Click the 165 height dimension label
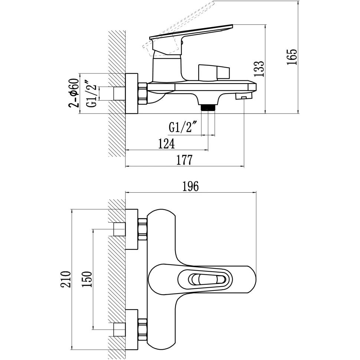click(x=292, y=57)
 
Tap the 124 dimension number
click(x=166, y=144)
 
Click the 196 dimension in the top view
click(x=191, y=186)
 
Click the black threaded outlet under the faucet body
click(x=208, y=108)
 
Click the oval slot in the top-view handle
click(x=203, y=279)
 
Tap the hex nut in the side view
click(x=143, y=93)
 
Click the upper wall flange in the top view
click(x=132, y=229)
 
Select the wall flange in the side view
click(x=132, y=93)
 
